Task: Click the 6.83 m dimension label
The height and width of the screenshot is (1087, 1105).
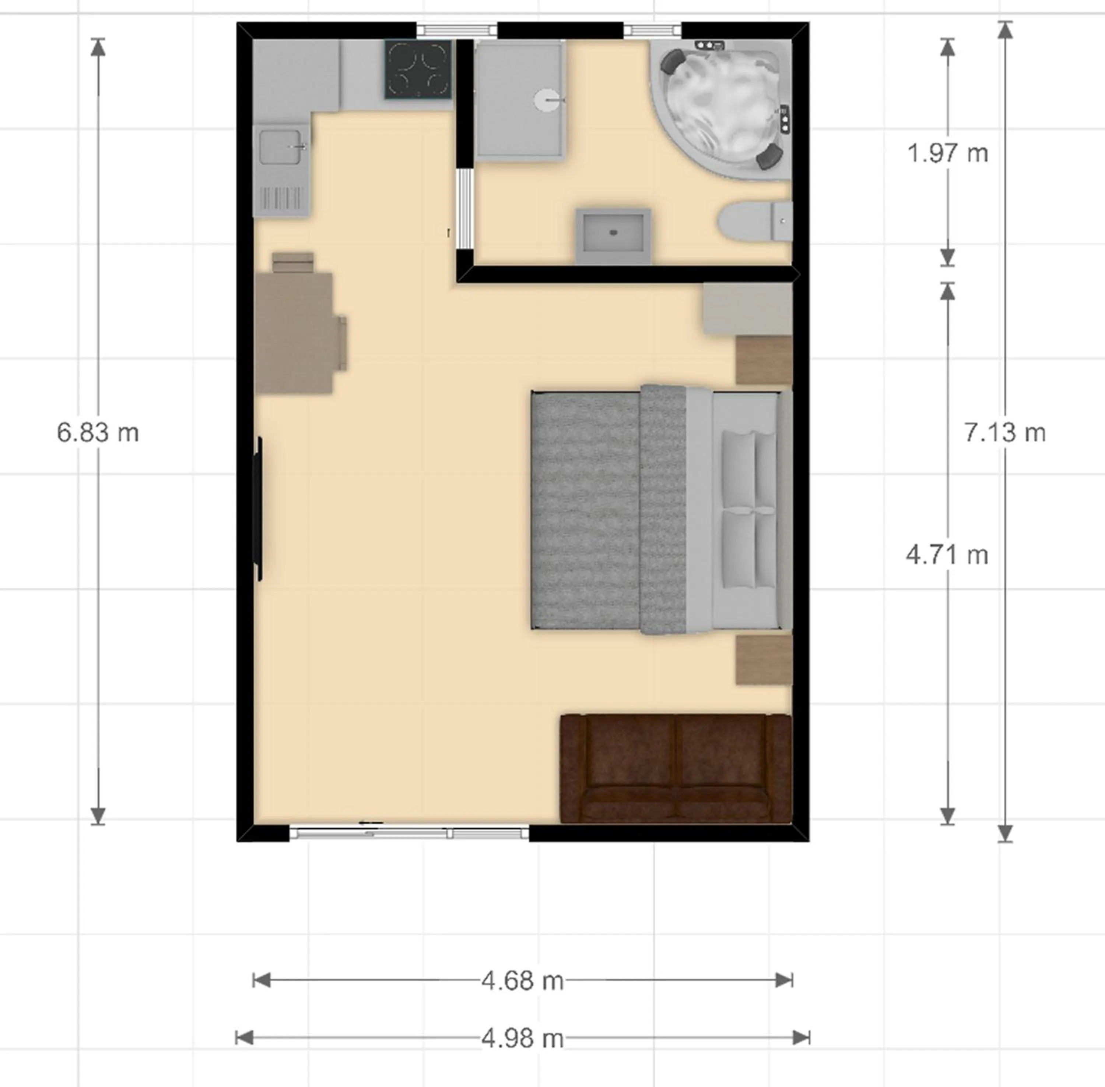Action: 98,433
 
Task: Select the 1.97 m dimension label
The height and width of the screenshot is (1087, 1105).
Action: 947,153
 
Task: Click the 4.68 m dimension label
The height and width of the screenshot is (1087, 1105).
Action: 522,981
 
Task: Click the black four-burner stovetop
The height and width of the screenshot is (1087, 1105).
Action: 418,69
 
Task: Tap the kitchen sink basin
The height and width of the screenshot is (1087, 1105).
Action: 280,147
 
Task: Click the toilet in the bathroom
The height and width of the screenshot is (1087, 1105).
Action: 754,220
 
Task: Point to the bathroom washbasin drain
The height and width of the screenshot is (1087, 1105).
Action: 614,232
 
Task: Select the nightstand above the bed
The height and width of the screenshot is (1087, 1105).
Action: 763,360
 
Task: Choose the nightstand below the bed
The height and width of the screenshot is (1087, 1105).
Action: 763,660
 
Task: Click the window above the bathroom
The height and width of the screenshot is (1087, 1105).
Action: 652,30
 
